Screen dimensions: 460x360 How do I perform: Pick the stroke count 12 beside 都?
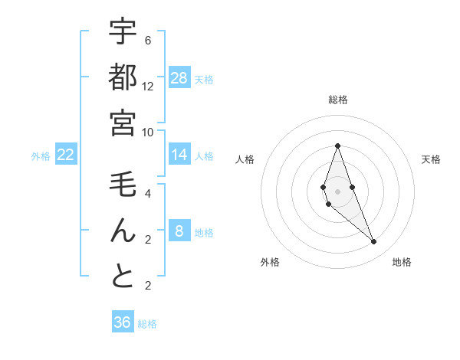[x=148, y=87]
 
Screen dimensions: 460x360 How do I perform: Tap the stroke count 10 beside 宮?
[x=148, y=132]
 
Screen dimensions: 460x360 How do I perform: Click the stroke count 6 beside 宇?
[x=148, y=41]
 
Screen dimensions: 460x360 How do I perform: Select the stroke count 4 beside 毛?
[x=148, y=194]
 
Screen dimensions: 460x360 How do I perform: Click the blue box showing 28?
[x=179, y=78]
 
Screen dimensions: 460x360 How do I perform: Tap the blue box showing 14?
[x=179, y=155]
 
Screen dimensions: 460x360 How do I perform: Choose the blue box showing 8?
[x=179, y=231]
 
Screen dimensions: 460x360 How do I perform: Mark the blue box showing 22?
[x=66, y=155]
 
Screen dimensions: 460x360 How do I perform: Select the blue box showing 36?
[x=123, y=322]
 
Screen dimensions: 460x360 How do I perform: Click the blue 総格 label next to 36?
[x=147, y=324]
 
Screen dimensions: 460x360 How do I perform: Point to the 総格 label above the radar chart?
[x=337, y=100]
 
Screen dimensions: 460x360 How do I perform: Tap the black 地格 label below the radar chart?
[x=402, y=262]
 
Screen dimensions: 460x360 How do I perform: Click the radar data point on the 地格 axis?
[x=374, y=242]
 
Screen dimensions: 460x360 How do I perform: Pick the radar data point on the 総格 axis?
[x=337, y=146]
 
